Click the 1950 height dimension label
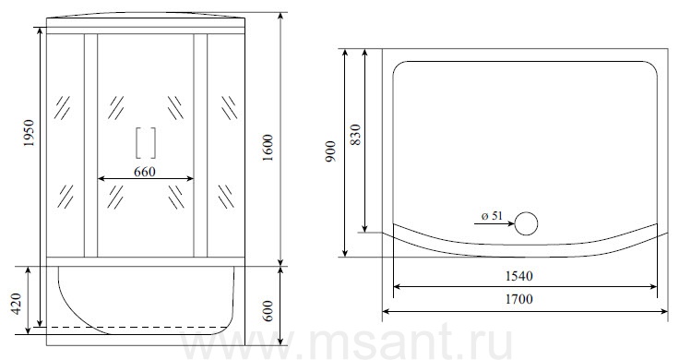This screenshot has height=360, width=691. (30, 133)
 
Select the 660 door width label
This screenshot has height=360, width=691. (145, 171)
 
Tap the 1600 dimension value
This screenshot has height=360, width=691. (268, 148)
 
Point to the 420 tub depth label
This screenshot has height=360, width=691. (17, 304)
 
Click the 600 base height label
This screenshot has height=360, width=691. (268, 311)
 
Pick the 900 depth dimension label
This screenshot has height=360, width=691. (331, 151)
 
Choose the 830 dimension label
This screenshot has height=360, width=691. (355, 135)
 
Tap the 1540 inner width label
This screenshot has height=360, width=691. (518, 276)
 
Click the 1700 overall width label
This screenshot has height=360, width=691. (518, 299)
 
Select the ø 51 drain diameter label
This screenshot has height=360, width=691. (492, 216)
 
